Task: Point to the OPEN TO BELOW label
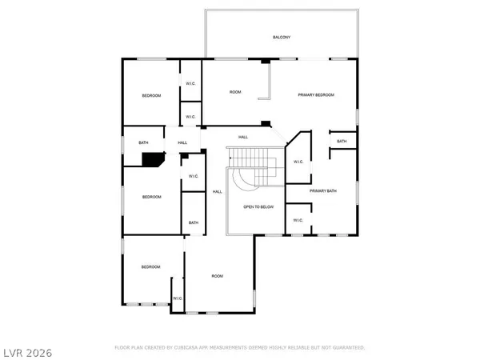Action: [x=258, y=207]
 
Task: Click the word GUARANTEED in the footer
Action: [x=348, y=348]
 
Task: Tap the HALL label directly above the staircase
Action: [x=243, y=138]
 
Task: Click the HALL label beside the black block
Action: [x=182, y=143]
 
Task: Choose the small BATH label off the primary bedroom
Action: [x=342, y=142]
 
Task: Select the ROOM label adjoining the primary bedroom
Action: [x=235, y=92]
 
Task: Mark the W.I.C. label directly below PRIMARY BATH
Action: [x=298, y=220]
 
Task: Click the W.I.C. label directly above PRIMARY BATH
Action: [x=298, y=162]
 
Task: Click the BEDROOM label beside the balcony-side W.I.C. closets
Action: [x=151, y=96]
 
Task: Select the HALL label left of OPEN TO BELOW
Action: [x=217, y=191]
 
